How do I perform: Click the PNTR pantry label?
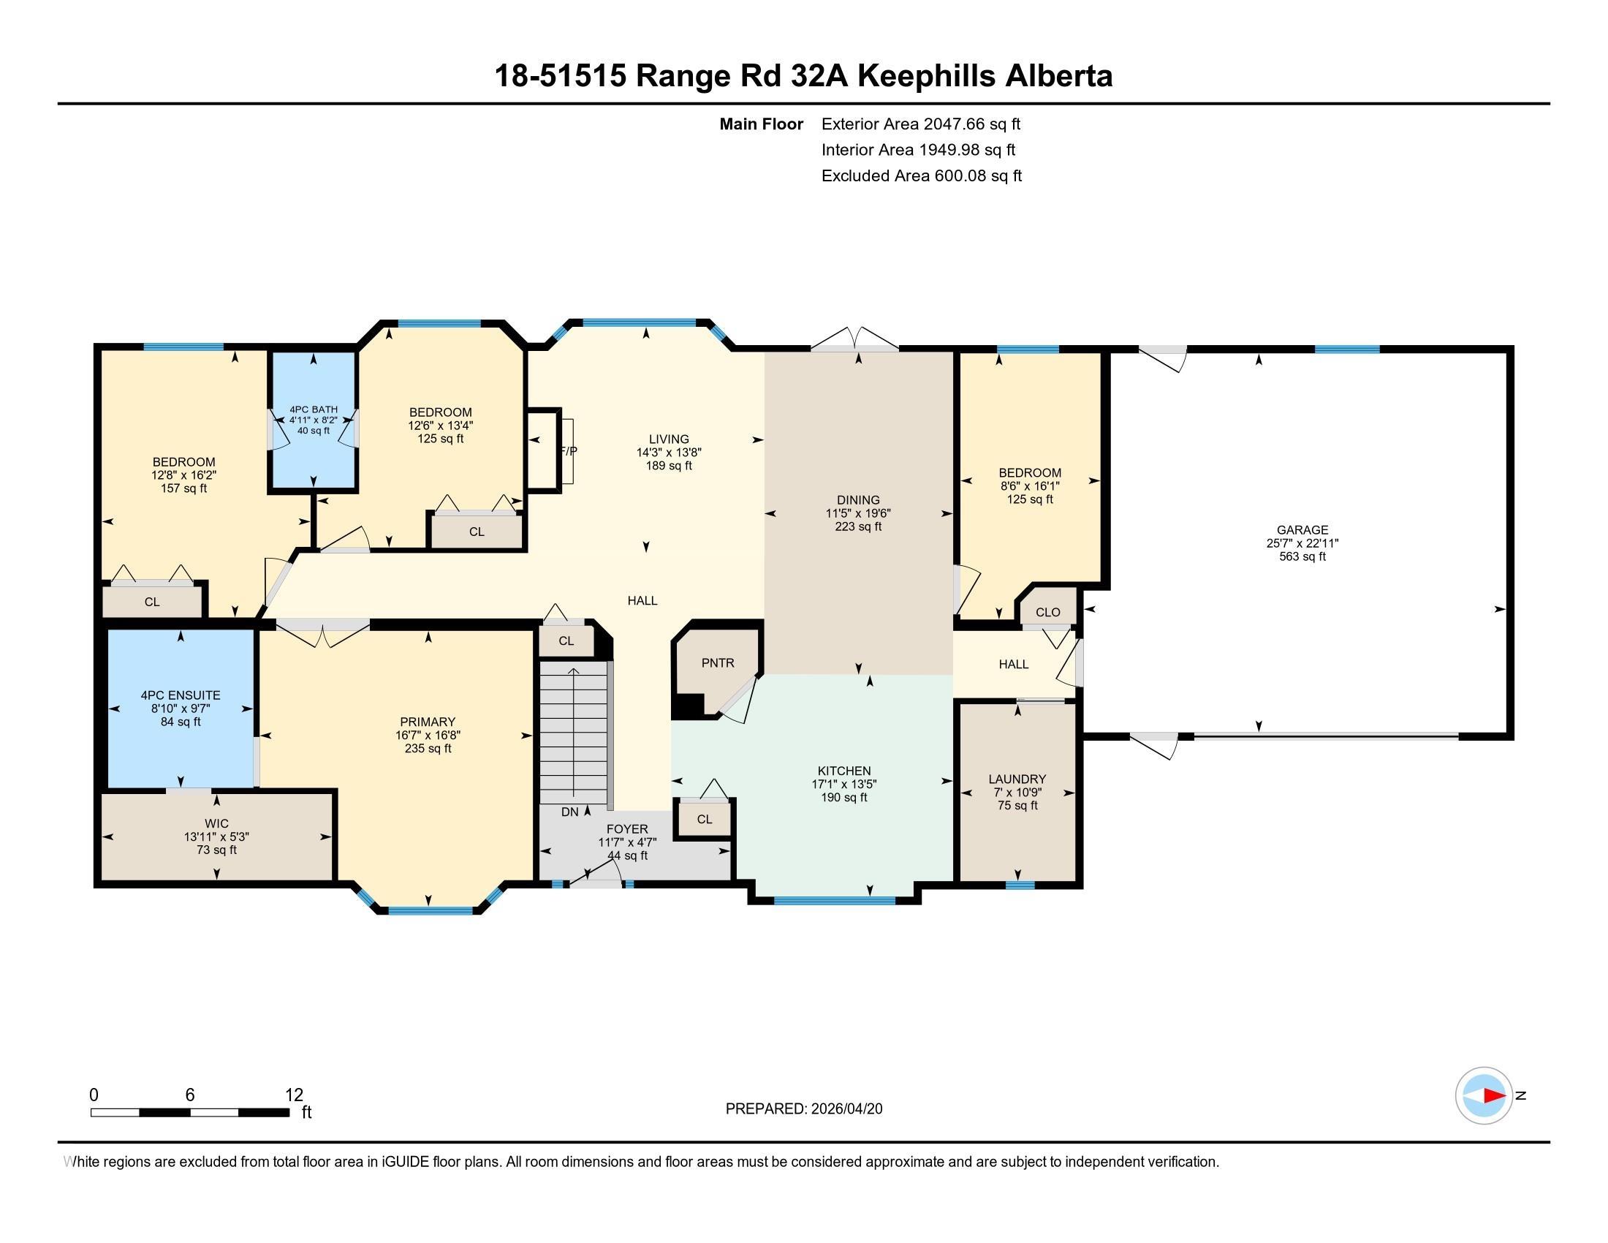717,662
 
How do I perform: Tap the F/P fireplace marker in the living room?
568,450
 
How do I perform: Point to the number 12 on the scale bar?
294,1095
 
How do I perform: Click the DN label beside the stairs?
569,812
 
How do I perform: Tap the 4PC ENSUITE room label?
181,695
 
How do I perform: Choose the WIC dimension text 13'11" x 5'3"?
216,836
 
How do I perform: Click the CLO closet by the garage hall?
1047,612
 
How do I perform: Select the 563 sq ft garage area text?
1302,556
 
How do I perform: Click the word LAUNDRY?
1017,779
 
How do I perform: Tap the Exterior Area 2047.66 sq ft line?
920,124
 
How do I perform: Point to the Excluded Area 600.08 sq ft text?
921,175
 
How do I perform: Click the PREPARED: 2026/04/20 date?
803,1109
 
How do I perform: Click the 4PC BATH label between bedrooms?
314,409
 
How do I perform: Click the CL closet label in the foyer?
704,819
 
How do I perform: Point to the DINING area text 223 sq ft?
858,526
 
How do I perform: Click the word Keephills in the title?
927,76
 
